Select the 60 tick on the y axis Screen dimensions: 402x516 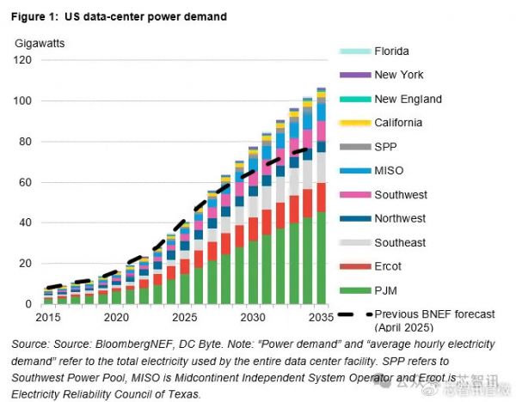click(x=25, y=182)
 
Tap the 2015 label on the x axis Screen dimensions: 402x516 click(x=49, y=318)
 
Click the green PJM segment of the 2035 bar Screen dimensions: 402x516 click(x=321, y=258)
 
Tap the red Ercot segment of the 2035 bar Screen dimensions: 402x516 click(x=321, y=197)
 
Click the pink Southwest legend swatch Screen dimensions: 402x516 click(x=354, y=195)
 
